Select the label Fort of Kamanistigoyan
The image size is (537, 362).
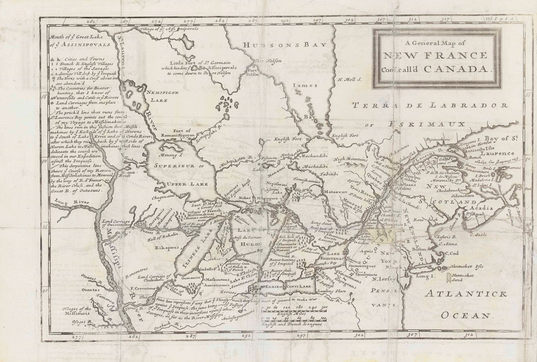pyautogui.click(x=177, y=133)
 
